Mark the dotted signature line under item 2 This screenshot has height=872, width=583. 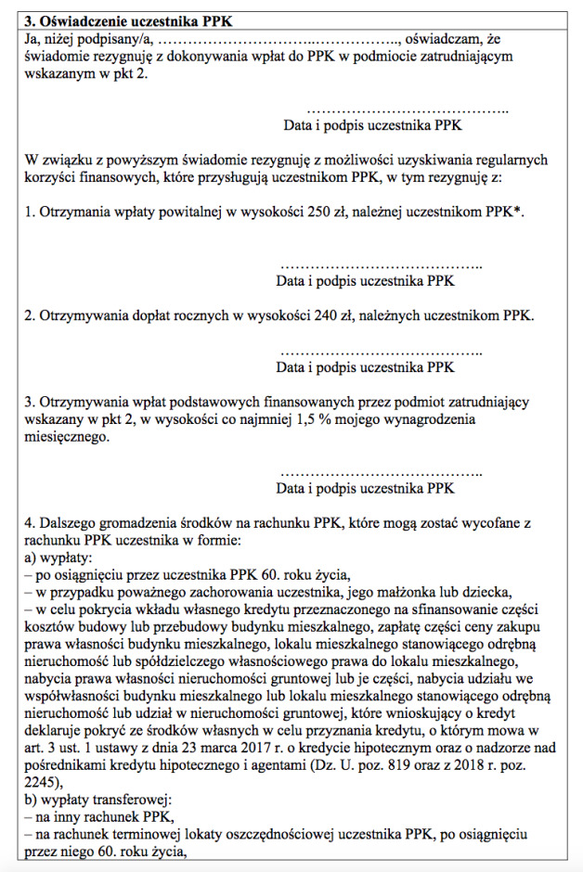point(381,353)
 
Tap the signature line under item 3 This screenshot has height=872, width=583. point(381,471)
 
